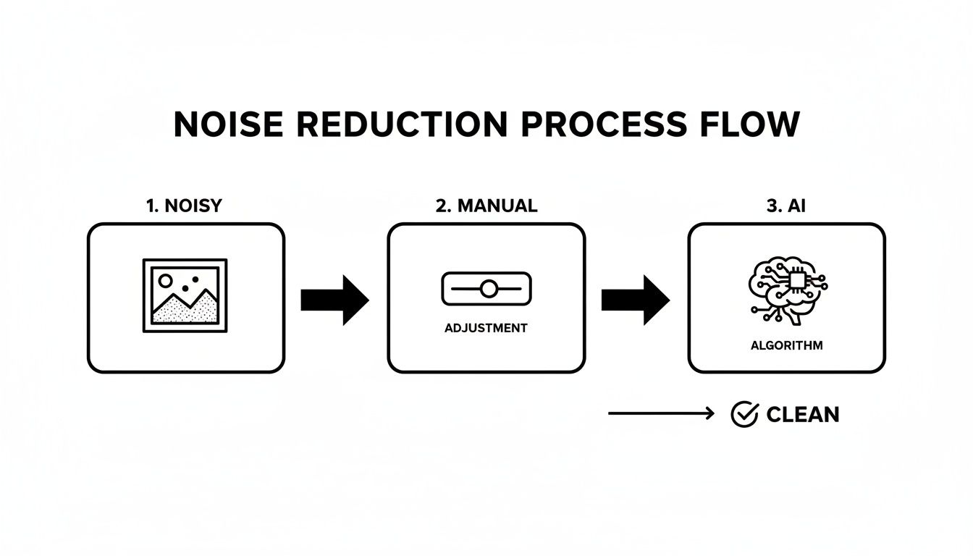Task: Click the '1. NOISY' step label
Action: pyautogui.click(x=184, y=206)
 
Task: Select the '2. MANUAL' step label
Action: pyautogui.click(x=486, y=206)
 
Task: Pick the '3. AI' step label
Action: pyautogui.click(x=785, y=206)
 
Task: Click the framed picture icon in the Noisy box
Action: pyautogui.click(x=185, y=295)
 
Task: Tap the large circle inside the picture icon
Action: pyautogui.click(x=166, y=280)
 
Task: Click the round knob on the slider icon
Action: pyautogui.click(x=489, y=289)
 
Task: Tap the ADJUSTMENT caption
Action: pyautogui.click(x=486, y=328)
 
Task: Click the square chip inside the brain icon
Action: pyautogui.click(x=796, y=280)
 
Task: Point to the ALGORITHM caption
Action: pyautogui.click(x=786, y=346)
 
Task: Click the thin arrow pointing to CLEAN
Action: pyautogui.click(x=661, y=413)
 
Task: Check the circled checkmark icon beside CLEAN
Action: pyautogui.click(x=744, y=414)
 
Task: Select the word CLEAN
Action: pyautogui.click(x=803, y=415)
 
